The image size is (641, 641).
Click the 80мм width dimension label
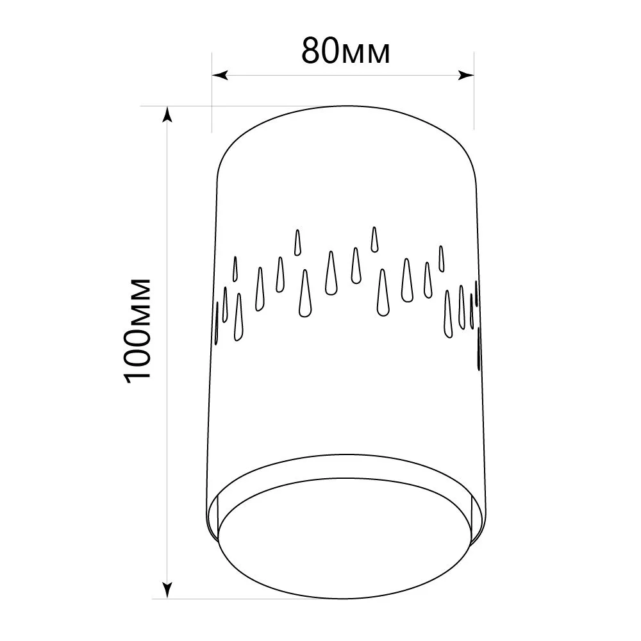pos(346,51)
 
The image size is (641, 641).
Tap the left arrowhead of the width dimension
pos(220,75)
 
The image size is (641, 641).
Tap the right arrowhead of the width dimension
pos(466,75)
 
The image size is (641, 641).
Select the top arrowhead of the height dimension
pos(167,115)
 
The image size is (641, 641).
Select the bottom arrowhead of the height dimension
pos(167,590)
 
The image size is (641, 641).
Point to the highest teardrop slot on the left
pos(297,243)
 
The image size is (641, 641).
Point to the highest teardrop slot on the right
pos(374,239)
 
